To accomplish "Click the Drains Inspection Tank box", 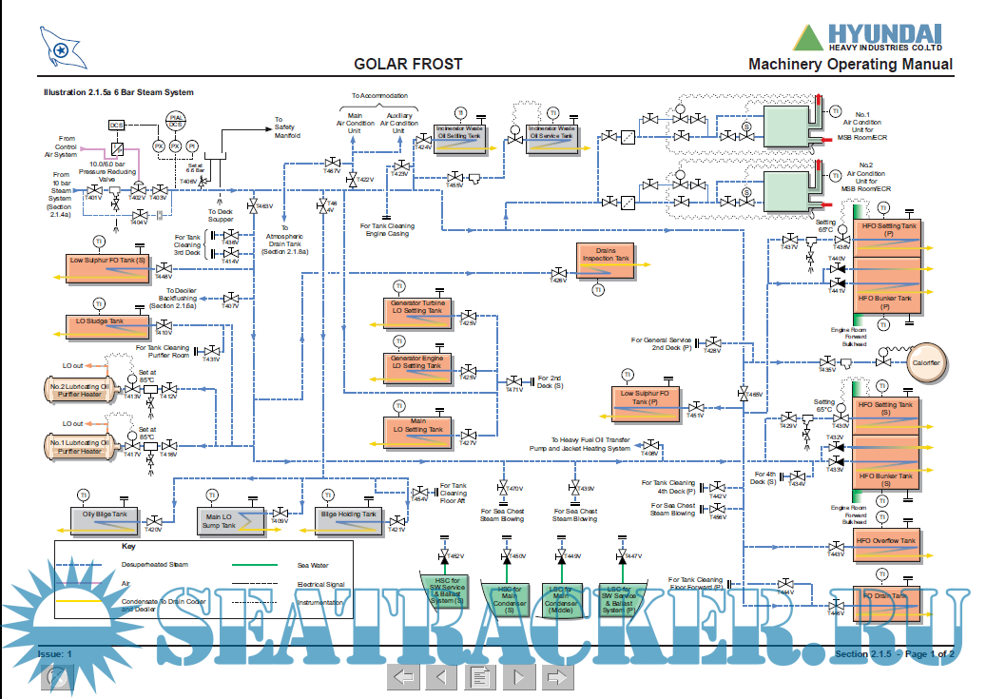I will [606, 261].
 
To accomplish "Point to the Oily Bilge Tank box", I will [111, 518].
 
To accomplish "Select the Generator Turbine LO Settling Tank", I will [416, 310].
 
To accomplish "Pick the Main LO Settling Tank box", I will [416, 429].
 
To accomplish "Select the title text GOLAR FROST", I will [408, 65].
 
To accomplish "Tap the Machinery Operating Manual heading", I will [850, 65].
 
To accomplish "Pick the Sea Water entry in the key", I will [312, 565].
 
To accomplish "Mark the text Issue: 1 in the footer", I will [54, 654].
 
